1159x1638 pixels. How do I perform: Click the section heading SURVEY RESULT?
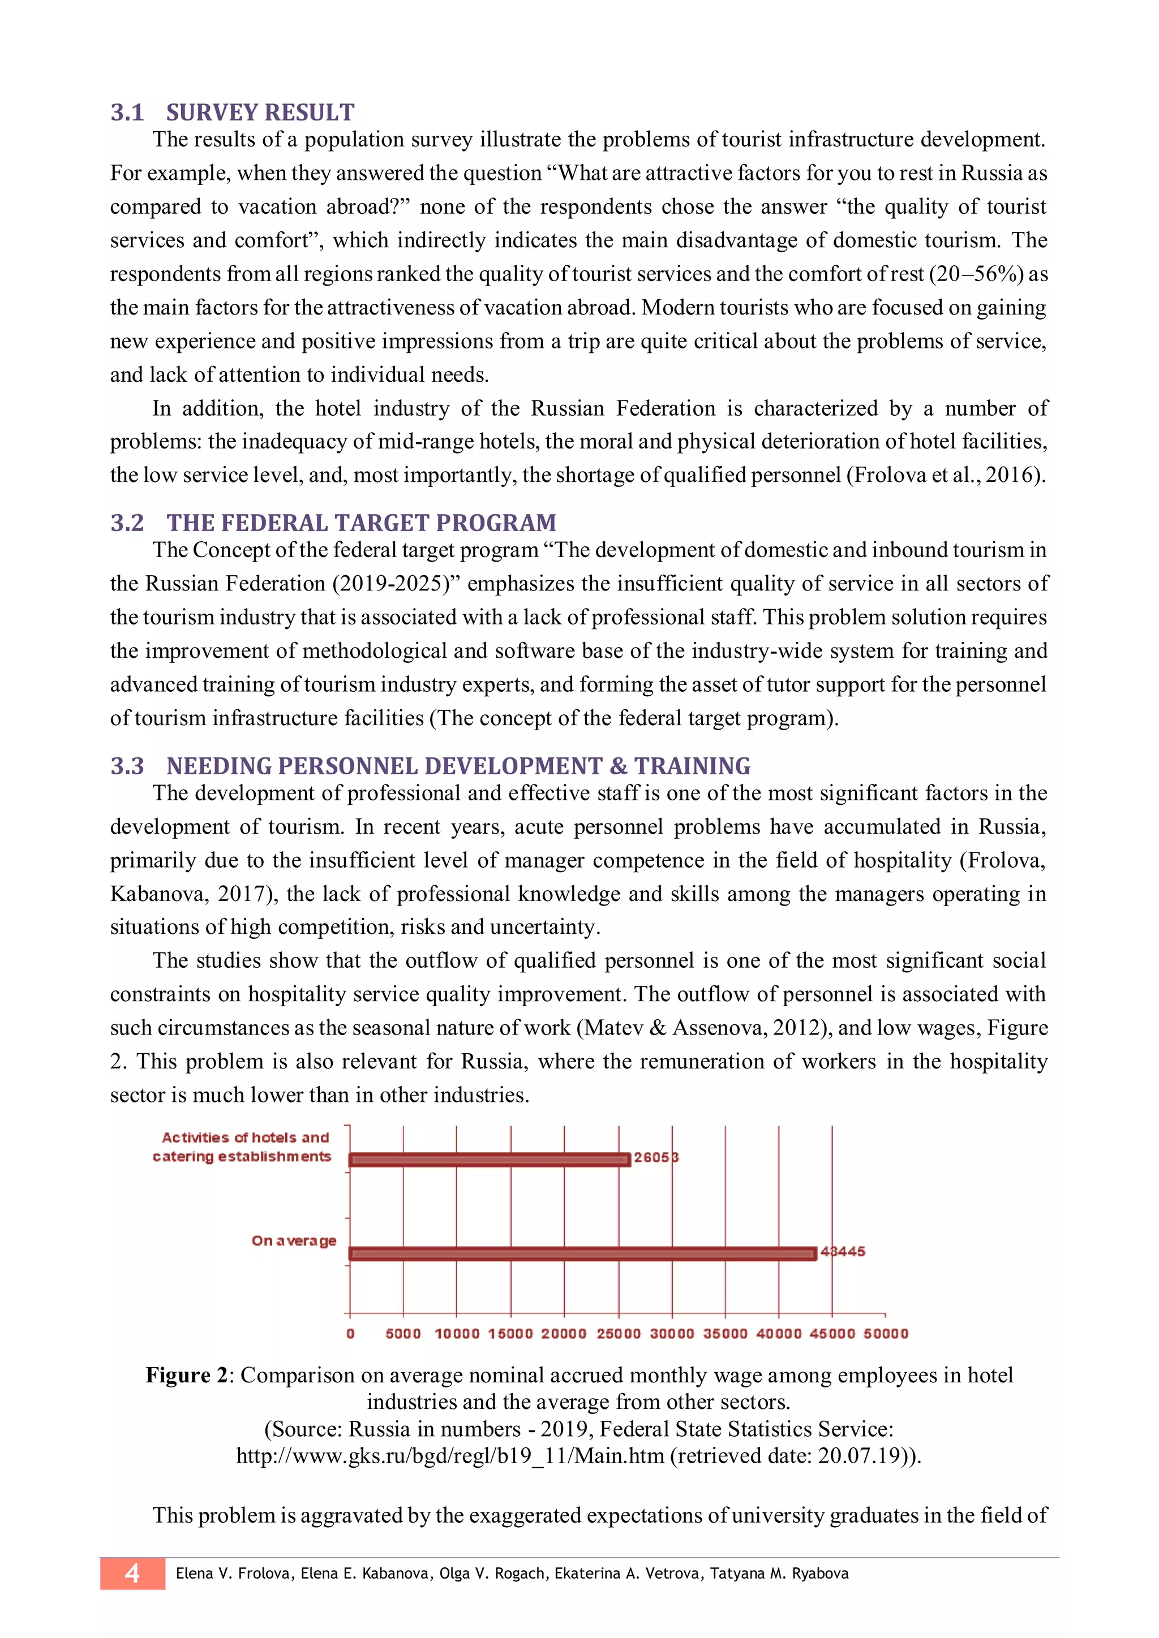(260, 112)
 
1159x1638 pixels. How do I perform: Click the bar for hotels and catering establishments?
(490, 1159)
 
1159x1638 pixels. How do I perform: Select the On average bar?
(582, 1253)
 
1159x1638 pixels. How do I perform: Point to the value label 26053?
(656, 1157)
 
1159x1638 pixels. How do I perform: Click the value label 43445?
(843, 1251)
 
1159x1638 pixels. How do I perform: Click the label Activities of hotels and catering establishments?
(243, 1146)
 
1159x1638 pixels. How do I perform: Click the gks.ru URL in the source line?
(450, 1455)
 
